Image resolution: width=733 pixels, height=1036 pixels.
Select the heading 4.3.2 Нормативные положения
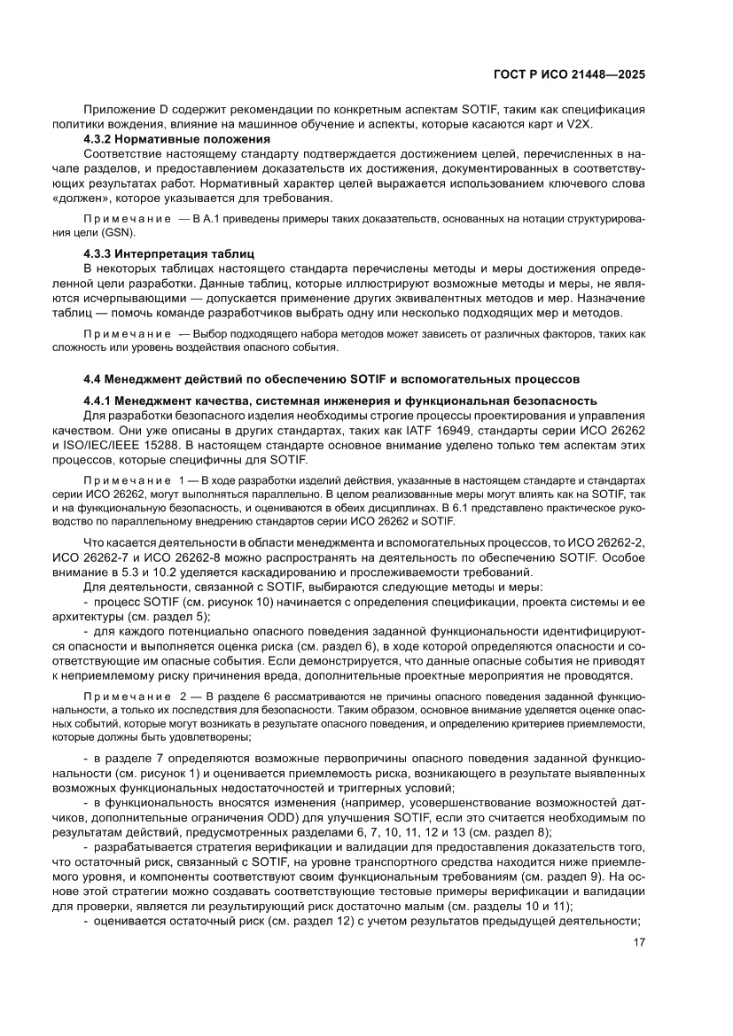click(176, 140)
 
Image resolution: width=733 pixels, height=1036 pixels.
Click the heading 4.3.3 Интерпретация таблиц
click(168, 253)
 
